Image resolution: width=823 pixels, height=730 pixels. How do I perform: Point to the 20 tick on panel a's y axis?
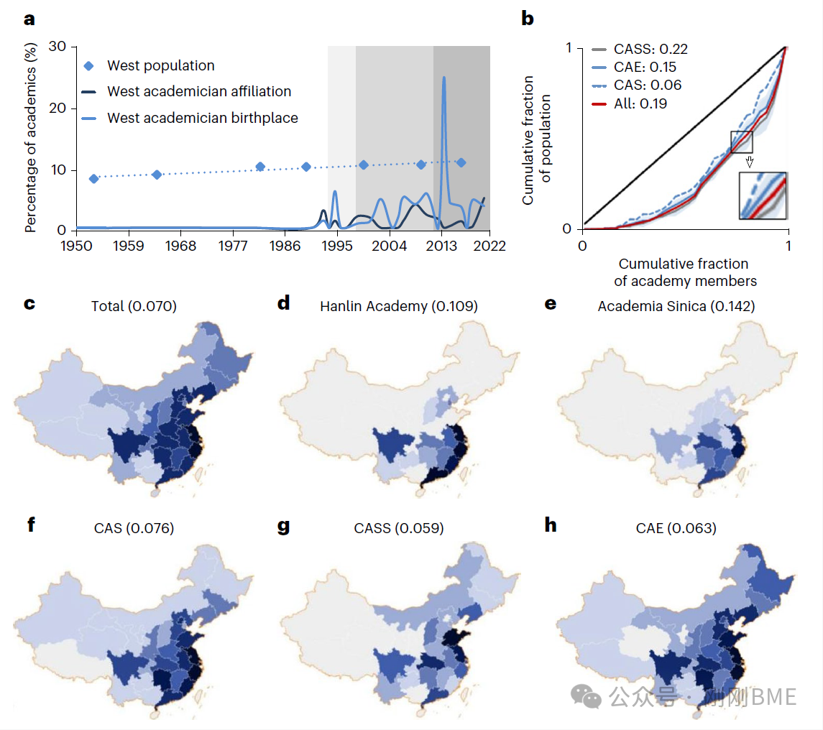(58, 108)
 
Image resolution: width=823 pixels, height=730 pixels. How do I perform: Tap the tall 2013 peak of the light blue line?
(443, 78)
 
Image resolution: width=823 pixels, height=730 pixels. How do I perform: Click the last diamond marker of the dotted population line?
(461, 163)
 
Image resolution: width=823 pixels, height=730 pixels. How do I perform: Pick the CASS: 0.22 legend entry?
(650, 50)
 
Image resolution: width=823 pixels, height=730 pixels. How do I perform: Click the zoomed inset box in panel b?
(763, 195)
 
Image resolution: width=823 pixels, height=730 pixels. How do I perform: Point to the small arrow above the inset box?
(749, 162)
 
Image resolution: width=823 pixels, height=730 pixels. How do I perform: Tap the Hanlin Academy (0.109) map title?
(398, 307)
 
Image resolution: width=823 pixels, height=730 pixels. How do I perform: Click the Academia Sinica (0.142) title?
(676, 307)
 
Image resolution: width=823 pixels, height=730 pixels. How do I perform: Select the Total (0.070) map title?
(134, 307)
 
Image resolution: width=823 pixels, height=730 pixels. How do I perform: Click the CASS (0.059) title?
(398, 529)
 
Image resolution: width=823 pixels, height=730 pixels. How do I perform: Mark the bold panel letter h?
(551, 525)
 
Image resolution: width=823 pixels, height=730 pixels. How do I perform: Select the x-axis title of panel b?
(684, 272)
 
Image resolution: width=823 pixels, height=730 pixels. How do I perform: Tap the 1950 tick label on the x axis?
(77, 246)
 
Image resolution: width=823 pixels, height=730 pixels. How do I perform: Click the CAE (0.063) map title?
(676, 529)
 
